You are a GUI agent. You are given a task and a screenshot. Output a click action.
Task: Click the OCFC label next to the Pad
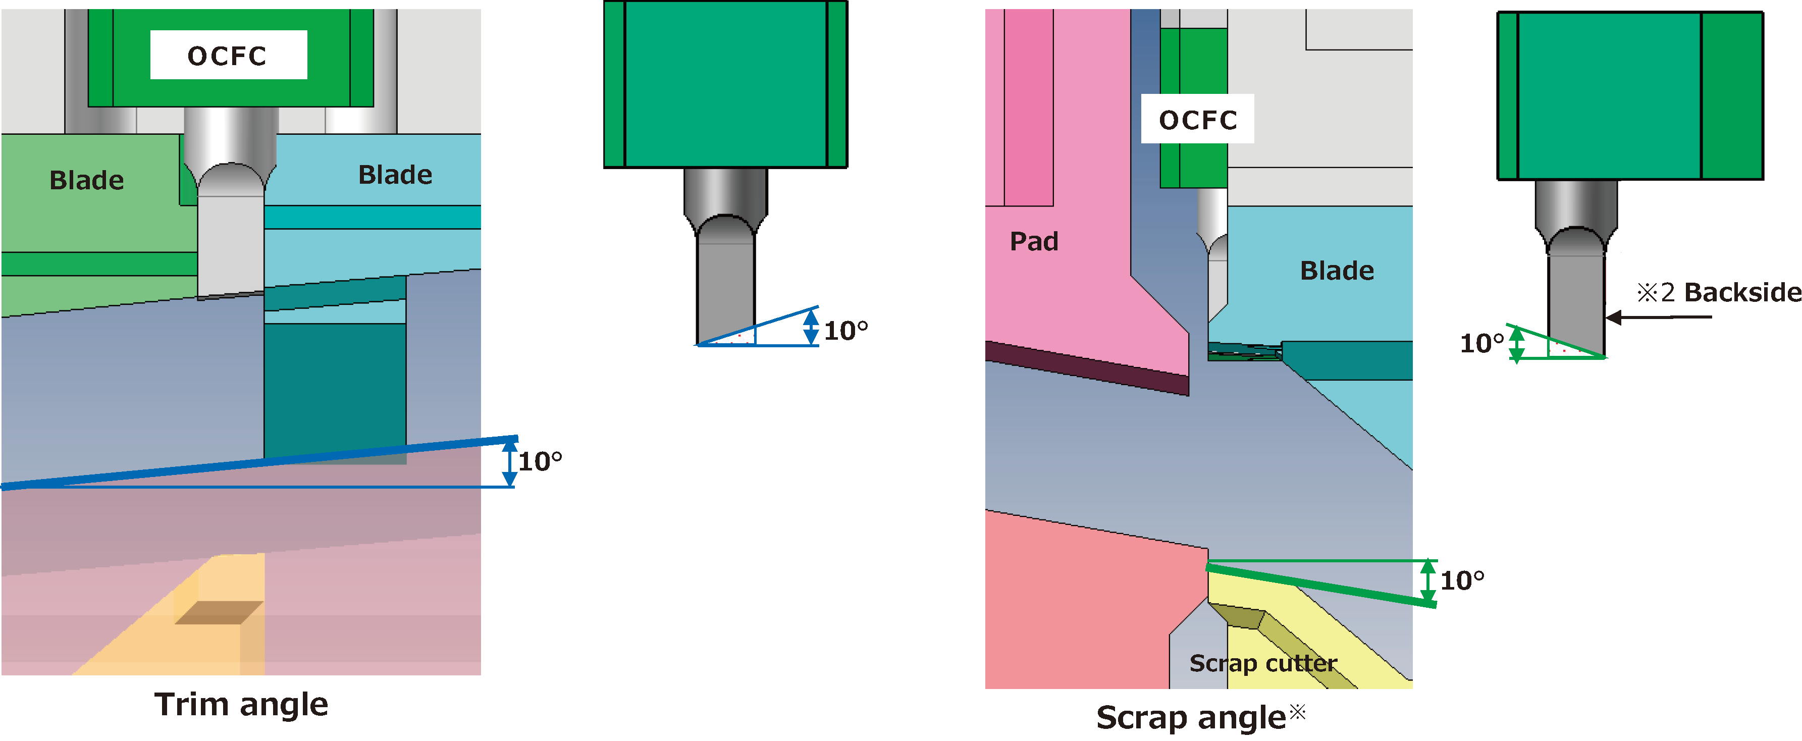(x=1198, y=120)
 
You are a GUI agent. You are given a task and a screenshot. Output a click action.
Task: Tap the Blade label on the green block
(x=87, y=181)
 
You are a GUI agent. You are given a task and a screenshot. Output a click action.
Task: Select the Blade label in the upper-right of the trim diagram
(x=395, y=175)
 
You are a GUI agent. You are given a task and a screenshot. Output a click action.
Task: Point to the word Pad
(x=1034, y=241)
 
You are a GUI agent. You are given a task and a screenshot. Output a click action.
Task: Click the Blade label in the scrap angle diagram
(x=1337, y=271)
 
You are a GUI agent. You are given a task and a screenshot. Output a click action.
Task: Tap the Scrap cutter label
(x=1263, y=663)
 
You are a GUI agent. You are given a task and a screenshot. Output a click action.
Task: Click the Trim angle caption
(x=241, y=704)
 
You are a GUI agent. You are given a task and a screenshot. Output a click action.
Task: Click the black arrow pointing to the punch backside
(x=1658, y=317)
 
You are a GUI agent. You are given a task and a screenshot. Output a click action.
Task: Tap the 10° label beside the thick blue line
(x=540, y=462)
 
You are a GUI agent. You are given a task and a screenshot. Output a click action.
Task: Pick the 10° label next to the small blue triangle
(x=846, y=330)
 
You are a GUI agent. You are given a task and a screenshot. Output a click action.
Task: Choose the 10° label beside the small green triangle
(x=1481, y=344)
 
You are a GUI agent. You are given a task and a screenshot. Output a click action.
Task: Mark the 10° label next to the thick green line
(x=1462, y=580)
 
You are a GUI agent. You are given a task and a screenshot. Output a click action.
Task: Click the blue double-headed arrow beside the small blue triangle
(x=811, y=327)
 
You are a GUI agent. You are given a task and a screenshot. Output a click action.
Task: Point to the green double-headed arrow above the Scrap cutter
(x=1428, y=582)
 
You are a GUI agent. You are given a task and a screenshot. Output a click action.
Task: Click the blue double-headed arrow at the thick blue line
(x=510, y=461)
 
